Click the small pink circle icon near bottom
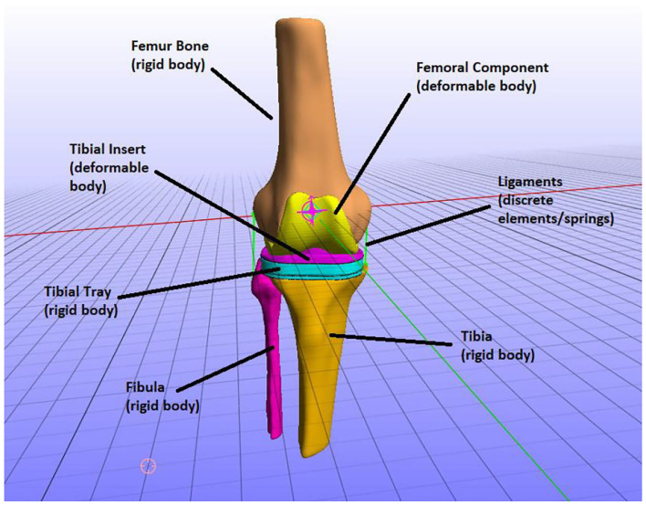(x=148, y=466)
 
